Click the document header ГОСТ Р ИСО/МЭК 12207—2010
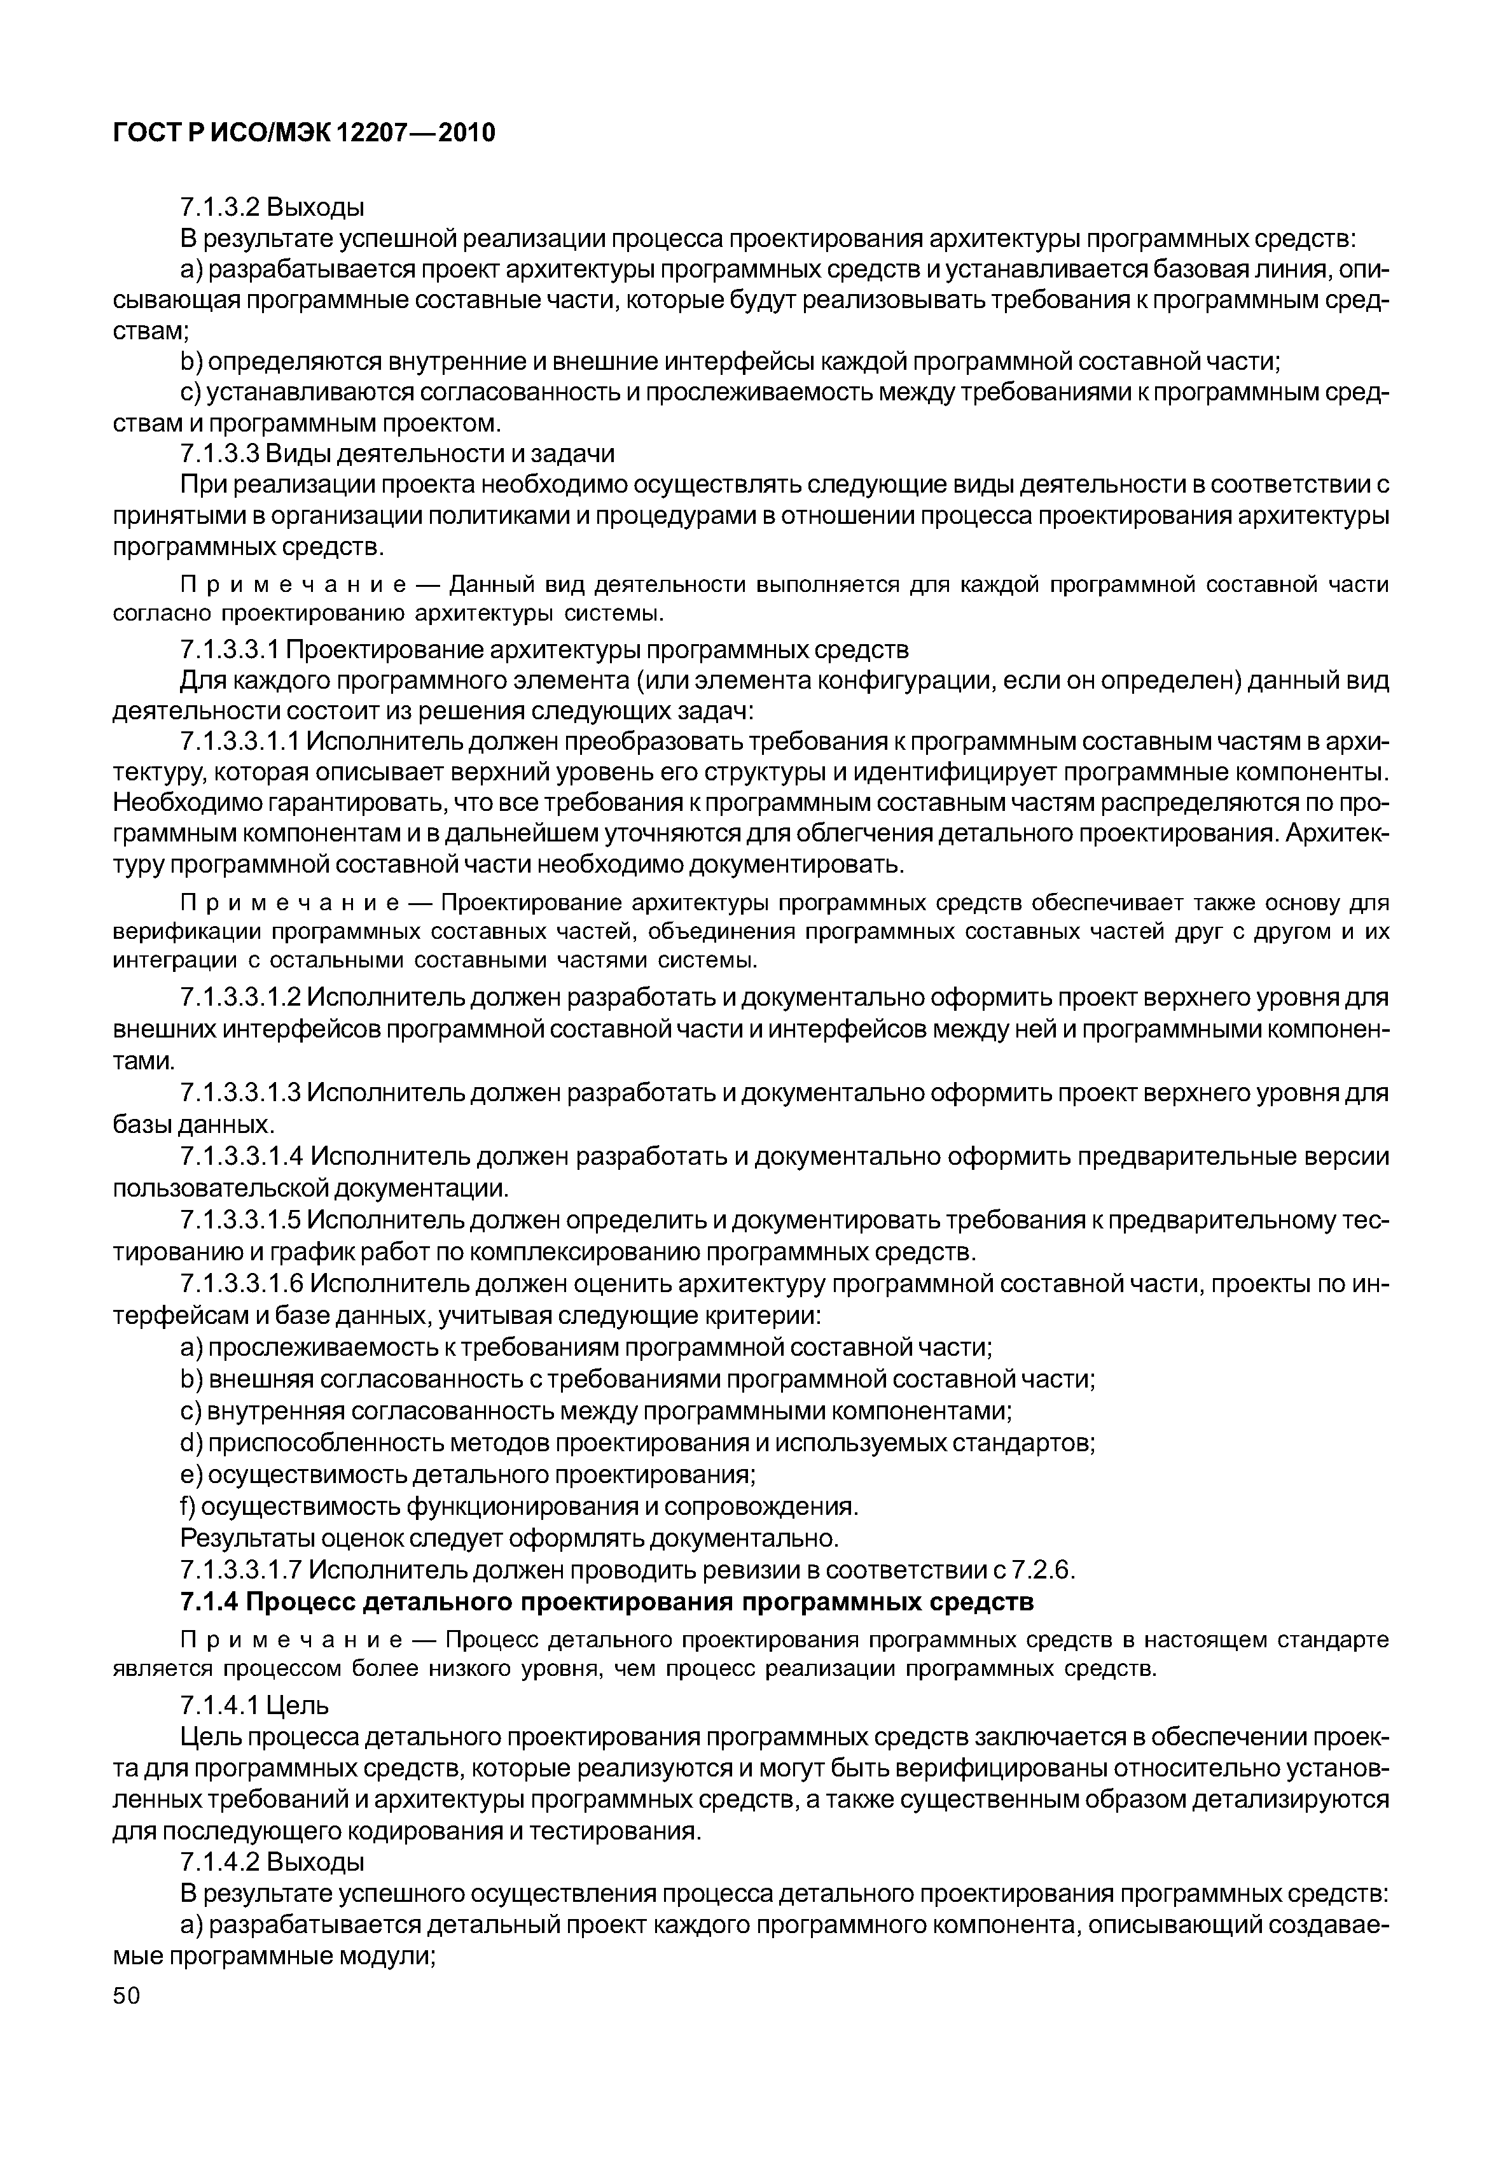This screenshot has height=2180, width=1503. [303, 134]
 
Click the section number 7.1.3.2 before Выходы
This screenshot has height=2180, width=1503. [218, 206]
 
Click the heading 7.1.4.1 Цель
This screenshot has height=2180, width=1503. [254, 1705]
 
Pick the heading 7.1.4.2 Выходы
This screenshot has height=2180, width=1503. [272, 1862]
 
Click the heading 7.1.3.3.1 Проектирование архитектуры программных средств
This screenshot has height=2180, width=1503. [544, 650]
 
